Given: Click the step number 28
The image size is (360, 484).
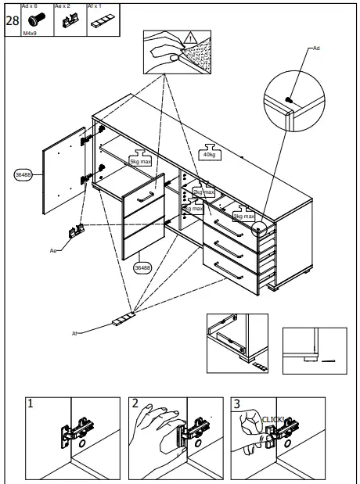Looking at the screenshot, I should [13, 20].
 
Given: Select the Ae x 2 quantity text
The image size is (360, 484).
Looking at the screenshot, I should [63, 5].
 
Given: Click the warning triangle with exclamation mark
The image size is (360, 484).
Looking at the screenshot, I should [190, 38].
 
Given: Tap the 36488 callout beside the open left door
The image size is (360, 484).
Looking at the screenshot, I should [23, 175].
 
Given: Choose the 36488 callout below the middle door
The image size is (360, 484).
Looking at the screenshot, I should [142, 267].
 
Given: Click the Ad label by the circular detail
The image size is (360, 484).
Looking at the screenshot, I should [316, 48].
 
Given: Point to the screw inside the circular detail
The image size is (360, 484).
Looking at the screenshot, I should [289, 99].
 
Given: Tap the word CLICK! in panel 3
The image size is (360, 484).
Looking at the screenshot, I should [272, 419].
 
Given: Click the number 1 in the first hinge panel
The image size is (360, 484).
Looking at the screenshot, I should [30, 404].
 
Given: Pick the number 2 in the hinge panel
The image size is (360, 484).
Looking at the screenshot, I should [135, 404].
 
